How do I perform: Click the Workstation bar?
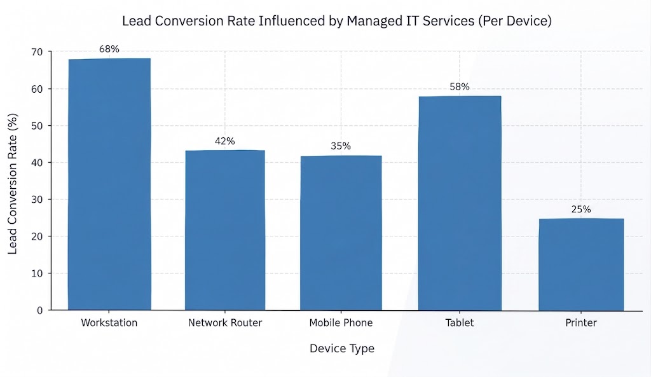109,184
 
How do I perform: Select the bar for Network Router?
225,230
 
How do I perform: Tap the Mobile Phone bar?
341,233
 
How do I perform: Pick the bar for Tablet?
460,203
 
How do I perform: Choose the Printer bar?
581,264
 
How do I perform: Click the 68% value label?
109,49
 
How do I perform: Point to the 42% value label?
225,141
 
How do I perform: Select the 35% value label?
341,146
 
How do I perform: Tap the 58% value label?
460,86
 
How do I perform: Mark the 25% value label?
581,209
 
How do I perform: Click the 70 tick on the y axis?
37,52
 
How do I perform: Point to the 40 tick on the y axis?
37,163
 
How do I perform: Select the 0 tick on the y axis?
40,311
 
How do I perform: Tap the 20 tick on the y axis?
37,236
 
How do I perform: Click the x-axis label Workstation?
109,322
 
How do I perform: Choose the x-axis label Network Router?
225,322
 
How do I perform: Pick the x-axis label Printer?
581,322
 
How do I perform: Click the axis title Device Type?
342,348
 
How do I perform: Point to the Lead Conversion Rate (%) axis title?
13,184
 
